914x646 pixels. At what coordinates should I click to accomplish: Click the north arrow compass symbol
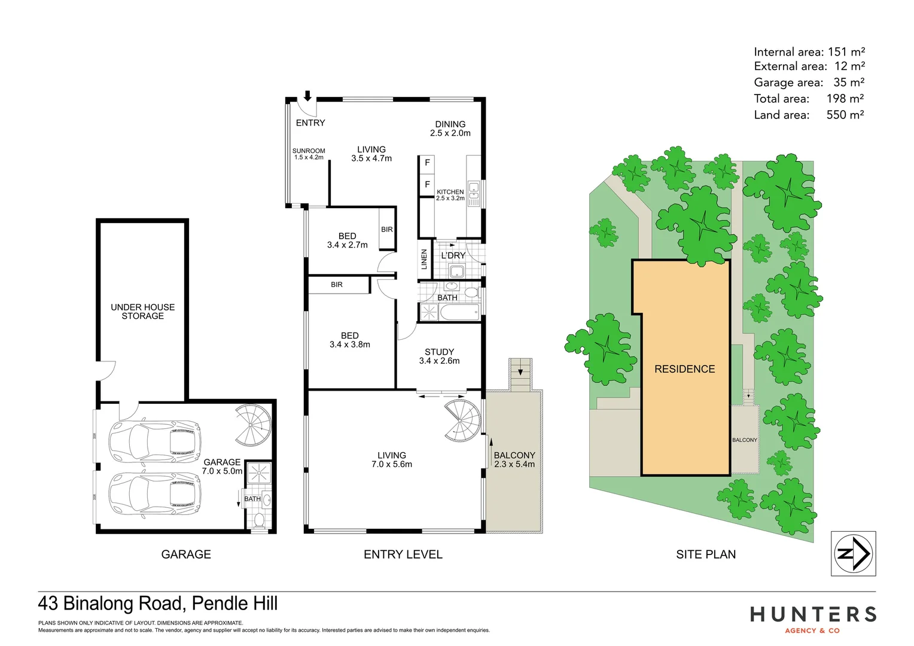coord(853,553)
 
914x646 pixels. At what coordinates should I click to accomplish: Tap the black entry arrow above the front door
coord(308,96)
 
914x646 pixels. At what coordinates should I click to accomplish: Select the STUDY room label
coord(439,356)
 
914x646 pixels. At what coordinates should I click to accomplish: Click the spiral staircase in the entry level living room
coord(462,420)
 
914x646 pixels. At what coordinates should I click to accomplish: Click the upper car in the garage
coord(154,441)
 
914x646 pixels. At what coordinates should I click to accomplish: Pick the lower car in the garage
coord(154,493)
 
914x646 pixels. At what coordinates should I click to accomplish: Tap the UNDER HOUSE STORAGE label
coord(142,311)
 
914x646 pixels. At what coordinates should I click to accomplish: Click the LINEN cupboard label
coord(424,259)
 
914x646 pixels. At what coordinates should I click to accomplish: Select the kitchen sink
coord(473,190)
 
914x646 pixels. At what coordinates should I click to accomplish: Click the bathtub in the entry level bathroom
coord(459,312)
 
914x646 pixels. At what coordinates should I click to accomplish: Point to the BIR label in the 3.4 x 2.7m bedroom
coord(387,229)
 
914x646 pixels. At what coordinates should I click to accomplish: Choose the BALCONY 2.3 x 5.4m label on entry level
coord(514,459)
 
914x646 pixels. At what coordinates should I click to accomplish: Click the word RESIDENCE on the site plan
coord(684,369)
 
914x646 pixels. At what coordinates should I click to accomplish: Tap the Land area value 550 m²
coord(845,114)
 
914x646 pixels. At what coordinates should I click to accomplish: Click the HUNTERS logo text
coord(813,614)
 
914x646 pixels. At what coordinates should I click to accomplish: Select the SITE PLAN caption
coord(706,554)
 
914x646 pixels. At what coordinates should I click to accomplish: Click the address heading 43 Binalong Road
coord(157,603)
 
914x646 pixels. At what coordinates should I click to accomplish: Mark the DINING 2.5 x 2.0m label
coord(450,129)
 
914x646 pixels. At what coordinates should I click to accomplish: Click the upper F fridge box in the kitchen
coord(427,163)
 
